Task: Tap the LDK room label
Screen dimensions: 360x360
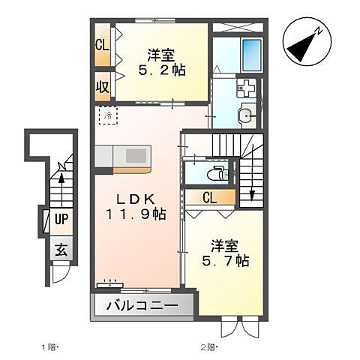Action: (136, 199)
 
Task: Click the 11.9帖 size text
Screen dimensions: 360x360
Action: (136, 214)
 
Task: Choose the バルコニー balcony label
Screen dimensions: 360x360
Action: (142, 306)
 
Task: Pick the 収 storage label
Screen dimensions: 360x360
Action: (103, 86)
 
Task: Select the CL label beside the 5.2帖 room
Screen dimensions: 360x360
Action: (103, 45)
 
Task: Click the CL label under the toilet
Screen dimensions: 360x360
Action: (211, 197)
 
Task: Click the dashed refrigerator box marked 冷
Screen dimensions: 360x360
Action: (109, 117)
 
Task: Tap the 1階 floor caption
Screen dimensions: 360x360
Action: (48, 346)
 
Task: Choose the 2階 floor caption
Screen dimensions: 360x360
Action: (208, 346)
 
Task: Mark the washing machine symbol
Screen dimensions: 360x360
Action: (245, 89)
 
